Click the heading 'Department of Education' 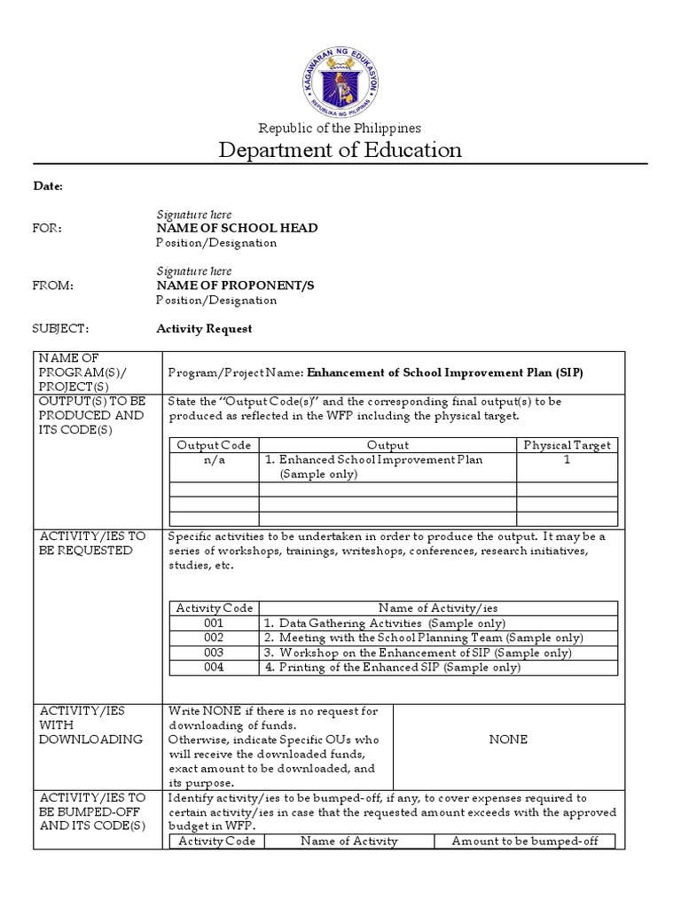click(340, 149)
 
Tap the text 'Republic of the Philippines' click(340, 128)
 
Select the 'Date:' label click(48, 185)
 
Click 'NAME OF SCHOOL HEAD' click(237, 228)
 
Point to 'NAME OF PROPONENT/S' click(235, 286)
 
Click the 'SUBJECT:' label click(61, 328)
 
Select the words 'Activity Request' click(204, 328)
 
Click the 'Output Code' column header click(214, 445)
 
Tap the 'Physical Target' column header click(567, 445)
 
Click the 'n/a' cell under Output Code click(214, 460)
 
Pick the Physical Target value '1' click(567, 460)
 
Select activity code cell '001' click(214, 623)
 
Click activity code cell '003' click(214, 653)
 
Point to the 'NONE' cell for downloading click(508, 739)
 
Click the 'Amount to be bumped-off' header click(524, 841)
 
